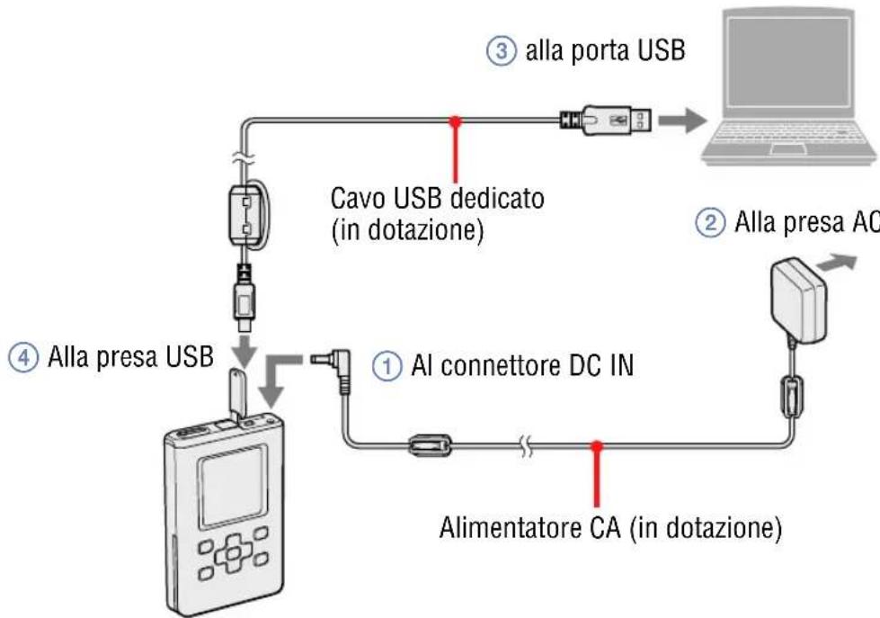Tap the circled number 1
pyautogui.click(x=385, y=366)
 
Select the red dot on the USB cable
pyautogui.click(x=457, y=120)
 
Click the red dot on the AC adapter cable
pyautogui.click(x=595, y=445)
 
